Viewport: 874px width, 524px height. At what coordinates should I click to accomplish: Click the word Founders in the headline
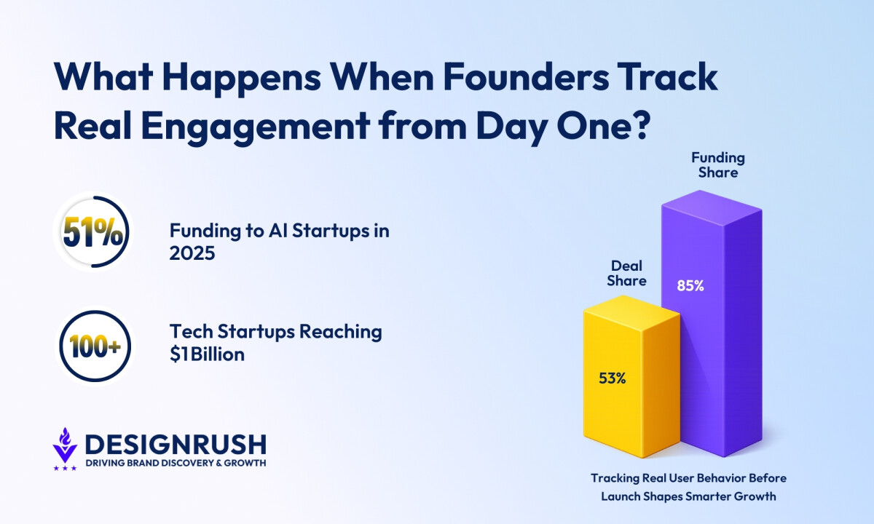click(x=526, y=77)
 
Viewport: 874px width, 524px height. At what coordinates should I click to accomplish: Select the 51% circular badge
click(x=93, y=231)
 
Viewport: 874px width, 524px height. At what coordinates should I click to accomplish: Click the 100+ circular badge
click(x=95, y=346)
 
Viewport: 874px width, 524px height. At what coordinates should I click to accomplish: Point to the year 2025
click(x=192, y=253)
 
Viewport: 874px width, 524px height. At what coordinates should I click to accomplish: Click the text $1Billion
click(x=207, y=354)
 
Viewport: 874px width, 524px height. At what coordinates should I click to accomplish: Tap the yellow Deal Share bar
click(x=631, y=377)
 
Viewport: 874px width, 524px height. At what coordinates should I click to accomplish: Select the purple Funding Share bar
click(x=712, y=324)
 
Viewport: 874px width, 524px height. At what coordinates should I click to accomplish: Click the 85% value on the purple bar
click(x=690, y=286)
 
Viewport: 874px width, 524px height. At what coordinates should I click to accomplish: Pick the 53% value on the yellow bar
click(x=613, y=378)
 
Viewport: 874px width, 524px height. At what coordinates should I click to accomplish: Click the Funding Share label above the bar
click(x=718, y=165)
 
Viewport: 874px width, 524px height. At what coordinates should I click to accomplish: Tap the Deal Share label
click(x=626, y=273)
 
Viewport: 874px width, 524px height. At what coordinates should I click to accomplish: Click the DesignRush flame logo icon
click(x=65, y=445)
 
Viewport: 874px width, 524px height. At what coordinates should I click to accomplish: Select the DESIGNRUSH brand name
click(x=176, y=445)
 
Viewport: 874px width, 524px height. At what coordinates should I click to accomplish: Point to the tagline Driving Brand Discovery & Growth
click(x=176, y=463)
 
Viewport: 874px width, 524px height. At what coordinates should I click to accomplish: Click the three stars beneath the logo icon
click(x=65, y=468)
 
